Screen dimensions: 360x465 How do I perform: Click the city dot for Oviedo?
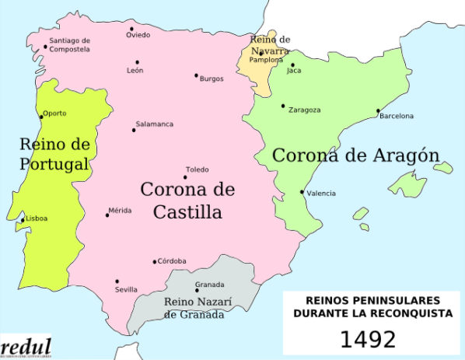click(x=131, y=29)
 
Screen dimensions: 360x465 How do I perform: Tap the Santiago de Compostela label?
click(x=69, y=45)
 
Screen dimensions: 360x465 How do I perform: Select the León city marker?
click(x=137, y=62)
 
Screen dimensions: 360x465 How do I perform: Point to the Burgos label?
click(x=212, y=79)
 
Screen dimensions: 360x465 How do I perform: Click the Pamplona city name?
click(x=266, y=60)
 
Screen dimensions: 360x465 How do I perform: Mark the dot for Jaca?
click(x=293, y=65)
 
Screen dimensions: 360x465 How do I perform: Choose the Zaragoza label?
click(x=304, y=110)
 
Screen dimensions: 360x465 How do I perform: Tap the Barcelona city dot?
click(x=378, y=110)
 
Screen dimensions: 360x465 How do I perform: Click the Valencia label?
click(x=321, y=193)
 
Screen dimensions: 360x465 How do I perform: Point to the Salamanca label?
click(x=155, y=124)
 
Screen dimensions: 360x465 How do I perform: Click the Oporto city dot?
click(x=41, y=117)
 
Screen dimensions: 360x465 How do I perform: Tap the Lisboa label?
click(x=37, y=218)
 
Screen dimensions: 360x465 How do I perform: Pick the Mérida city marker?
click(x=107, y=215)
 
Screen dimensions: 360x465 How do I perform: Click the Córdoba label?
click(x=172, y=261)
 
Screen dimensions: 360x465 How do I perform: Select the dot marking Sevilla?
click(x=117, y=281)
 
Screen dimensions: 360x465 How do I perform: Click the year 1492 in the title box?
click(x=368, y=339)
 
